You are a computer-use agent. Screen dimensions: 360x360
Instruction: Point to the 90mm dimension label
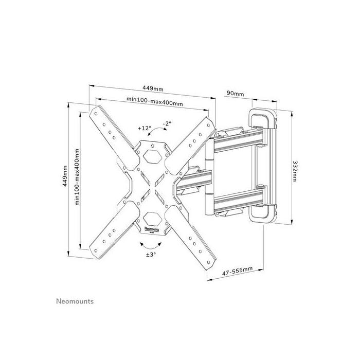[235, 94]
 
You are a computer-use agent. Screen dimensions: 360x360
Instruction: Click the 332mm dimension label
[295, 166]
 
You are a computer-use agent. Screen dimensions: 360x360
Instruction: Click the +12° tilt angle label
[145, 128]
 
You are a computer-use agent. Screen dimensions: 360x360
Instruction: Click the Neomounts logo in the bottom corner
[75, 301]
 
